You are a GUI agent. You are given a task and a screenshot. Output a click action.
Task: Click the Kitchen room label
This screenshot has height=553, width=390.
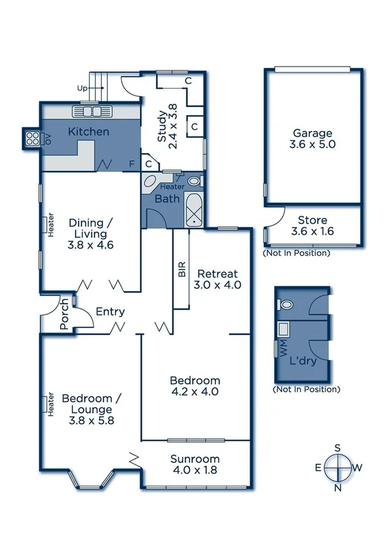(89, 132)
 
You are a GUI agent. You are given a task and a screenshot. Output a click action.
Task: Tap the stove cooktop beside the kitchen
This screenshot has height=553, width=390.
(31, 138)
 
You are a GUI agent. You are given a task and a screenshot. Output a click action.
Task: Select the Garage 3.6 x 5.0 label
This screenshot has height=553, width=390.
(313, 138)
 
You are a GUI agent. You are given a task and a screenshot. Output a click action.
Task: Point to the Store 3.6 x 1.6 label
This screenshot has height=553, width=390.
(313, 226)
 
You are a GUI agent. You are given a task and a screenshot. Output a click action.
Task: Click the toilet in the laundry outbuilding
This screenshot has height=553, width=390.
(285, 305)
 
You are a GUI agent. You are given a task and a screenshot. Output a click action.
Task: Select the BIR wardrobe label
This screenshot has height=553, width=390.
(182, 269)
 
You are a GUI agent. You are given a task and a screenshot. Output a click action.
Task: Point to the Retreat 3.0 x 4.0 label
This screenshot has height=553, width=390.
(217, 279)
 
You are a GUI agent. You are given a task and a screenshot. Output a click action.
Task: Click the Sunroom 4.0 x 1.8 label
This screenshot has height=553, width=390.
(195, 464)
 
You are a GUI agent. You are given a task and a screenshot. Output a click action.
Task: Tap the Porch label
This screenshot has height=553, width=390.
(65, 314)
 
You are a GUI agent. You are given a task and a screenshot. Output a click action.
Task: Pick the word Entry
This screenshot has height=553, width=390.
(110, 312)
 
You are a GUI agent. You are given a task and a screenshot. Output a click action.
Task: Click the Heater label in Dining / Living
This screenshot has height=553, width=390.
(50, 226)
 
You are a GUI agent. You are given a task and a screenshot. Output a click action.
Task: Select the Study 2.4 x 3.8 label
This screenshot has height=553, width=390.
(167, 127)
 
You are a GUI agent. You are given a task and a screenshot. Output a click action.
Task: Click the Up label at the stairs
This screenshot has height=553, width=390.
(82, 87)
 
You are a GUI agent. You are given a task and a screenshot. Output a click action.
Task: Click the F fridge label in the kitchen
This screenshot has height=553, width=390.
(132, 164)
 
